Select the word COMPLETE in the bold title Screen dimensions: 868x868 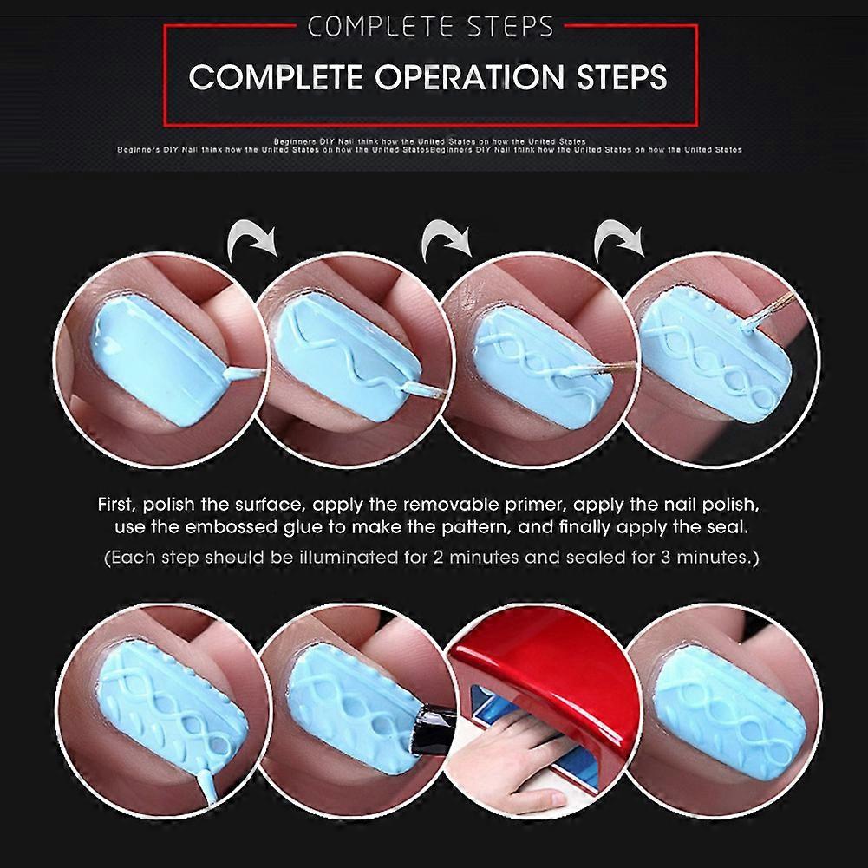(x=277, y=77)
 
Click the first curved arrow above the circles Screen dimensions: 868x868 (x=252, y=240)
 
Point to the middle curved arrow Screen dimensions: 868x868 (x=447, y=240)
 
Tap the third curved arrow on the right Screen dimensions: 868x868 (x=619, y=240)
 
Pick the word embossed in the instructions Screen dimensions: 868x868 (x=231, y=526)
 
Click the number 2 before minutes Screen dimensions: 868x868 (x=439, y=557)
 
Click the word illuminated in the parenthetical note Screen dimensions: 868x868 (x=349, y=557)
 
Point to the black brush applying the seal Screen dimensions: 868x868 (x=434, y=729)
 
